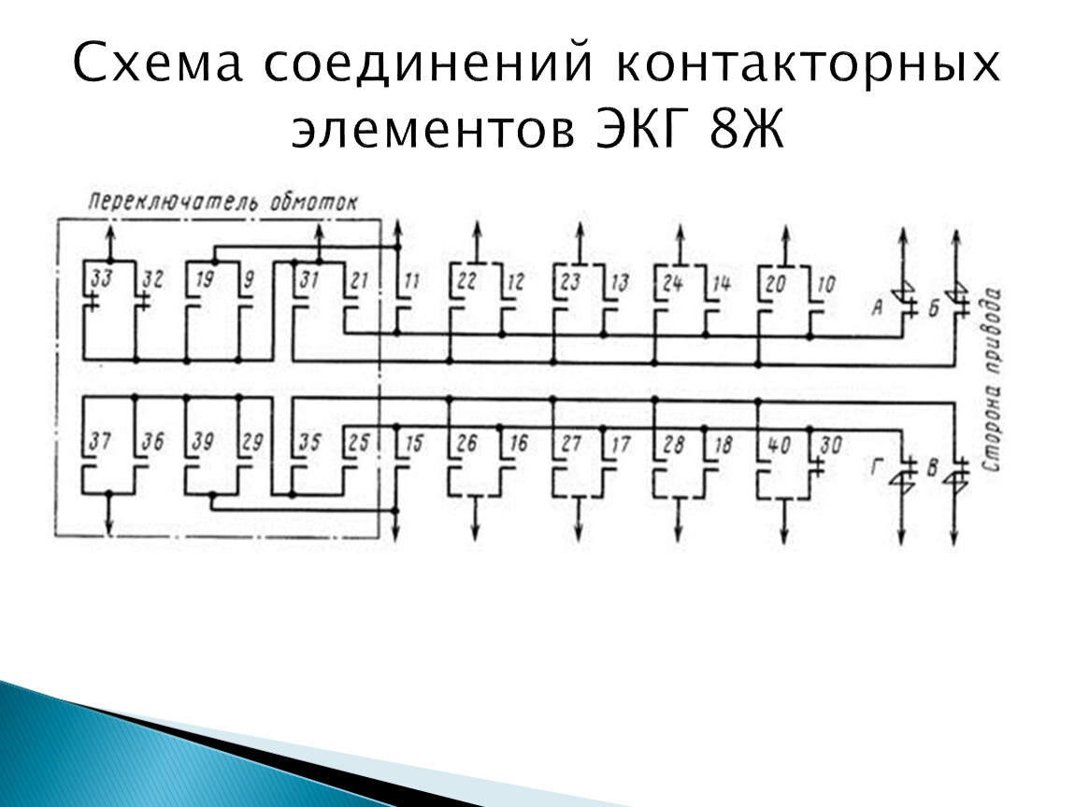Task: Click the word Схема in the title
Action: tap(158, 63)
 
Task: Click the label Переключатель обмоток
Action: tap(223, 203)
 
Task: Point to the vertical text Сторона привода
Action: tap(992, 380)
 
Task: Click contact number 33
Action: tap(102, 279)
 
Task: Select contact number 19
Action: tap(205, 279)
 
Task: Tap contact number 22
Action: tap(466, 281)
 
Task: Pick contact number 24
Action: tap(672, 282)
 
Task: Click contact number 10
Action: tap(826, 284)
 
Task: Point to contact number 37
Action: tap(100, 441)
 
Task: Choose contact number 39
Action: tap(202, 442)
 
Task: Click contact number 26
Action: tap(466, 444)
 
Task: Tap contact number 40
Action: tap(778, 446)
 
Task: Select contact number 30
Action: tap(830, 446)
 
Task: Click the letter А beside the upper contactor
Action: tap(877, 307)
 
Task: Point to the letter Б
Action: tap(933, 309)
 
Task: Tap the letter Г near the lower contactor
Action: tap(876, 467)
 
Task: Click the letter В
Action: tap(932, 469)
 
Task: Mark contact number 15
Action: tap(414, 444)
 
